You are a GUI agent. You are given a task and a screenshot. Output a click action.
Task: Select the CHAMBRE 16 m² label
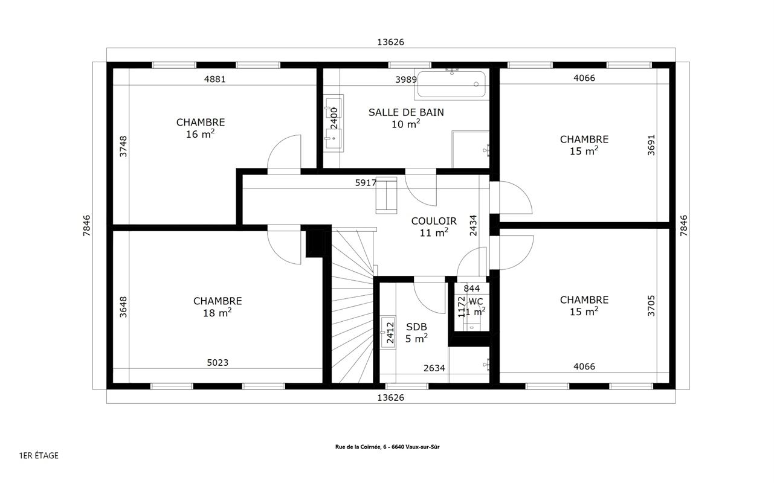(201, 128)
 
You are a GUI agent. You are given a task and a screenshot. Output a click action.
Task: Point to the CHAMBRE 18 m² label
(218, 307)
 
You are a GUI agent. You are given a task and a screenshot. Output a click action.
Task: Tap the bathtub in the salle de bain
(451, 85)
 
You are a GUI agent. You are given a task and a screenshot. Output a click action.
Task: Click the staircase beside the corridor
(352, 305)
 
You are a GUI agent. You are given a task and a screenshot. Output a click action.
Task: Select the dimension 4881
(214, 80)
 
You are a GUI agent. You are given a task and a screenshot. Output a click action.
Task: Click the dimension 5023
(218, 362)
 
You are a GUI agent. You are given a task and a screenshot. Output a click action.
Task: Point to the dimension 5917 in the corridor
(366, 183)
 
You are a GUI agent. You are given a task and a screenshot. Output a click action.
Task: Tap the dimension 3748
(123, 146)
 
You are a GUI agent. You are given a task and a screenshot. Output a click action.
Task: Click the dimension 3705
(651, 305)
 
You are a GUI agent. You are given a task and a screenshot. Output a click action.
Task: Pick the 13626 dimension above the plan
(390, 42)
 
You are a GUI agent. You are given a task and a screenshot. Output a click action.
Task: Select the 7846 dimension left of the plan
(87, 225)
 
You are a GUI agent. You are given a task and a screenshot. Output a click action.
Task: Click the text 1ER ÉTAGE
(39, 456)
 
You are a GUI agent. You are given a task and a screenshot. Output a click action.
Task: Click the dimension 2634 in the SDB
(434, 368)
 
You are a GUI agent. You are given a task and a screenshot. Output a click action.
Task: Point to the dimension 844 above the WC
(472, 288)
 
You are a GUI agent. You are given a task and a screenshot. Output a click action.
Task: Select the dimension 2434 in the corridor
(473, 225)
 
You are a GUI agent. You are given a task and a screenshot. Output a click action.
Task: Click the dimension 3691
(651, 145)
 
